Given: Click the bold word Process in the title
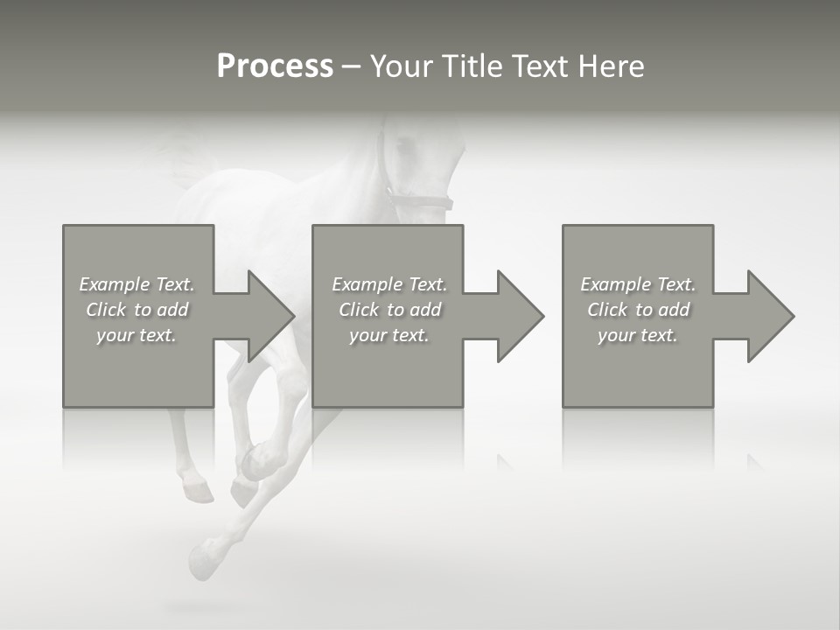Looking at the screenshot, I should tap(275, 66).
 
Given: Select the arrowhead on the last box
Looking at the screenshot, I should tap(770, 316).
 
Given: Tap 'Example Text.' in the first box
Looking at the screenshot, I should tap(136, 284).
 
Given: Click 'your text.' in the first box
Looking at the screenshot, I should tap(136, 335).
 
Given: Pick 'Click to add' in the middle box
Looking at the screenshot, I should tap(389, 310).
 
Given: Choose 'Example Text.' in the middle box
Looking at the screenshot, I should tap(389, 284).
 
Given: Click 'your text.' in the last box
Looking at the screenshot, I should tap(638, 335).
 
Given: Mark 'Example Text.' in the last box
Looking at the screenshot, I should tap(638, 284).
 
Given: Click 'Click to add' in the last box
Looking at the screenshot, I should tap(638, 310).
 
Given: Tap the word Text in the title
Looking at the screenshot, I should tap(538, 66).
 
